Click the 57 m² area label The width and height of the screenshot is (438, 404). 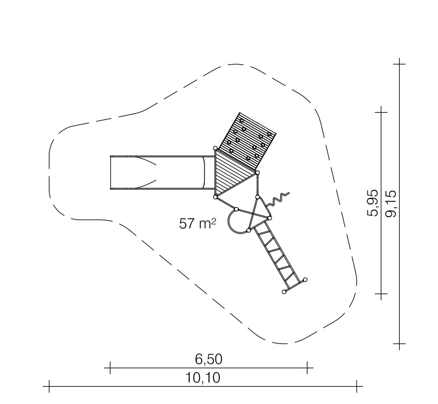pyautogui.click(x=198, y=223)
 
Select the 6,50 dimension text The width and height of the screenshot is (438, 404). pyautogui.click(x=208, y=359)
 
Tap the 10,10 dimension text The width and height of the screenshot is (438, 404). pyautogui.click(x=203, y=378)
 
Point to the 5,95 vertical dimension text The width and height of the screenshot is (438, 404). pyautogui.click(x=373, y=203)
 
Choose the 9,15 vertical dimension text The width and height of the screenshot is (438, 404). pyautogui.click(x=390, y=203)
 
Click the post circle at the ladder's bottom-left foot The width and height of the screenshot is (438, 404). pyautogui.click(x=284, y=292)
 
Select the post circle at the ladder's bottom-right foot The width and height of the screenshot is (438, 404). pyautogui.click(x=305, y=279)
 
